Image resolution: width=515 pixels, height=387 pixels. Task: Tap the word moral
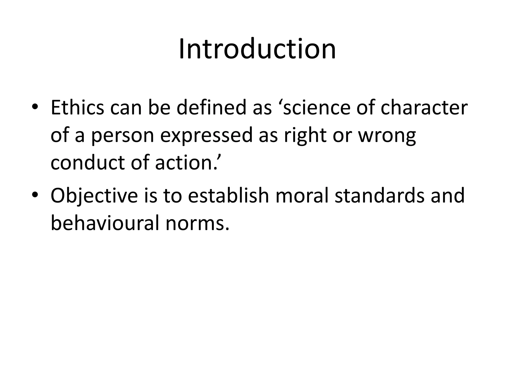[x=302, y=196]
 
